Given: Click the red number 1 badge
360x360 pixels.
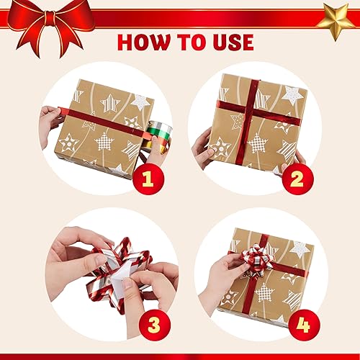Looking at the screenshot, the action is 148,179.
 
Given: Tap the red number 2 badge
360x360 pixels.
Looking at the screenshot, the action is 298,179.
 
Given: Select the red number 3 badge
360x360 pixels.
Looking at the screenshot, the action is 154,325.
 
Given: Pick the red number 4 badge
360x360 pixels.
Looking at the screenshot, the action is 304,325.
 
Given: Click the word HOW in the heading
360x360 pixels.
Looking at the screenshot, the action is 143,42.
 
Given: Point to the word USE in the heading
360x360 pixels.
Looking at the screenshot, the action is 233,42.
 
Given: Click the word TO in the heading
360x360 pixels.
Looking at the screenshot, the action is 191,42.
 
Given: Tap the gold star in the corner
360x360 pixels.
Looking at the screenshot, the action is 336,21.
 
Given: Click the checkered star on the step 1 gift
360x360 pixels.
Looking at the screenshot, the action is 104,142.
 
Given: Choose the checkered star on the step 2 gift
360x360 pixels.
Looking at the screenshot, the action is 257,143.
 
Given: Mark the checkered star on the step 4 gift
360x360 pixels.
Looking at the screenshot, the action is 264,292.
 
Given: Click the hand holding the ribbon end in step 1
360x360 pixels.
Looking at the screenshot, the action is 50,125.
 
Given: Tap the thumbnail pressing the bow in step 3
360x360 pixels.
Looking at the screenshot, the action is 127,284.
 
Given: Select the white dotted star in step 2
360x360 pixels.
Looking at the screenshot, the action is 292,96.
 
